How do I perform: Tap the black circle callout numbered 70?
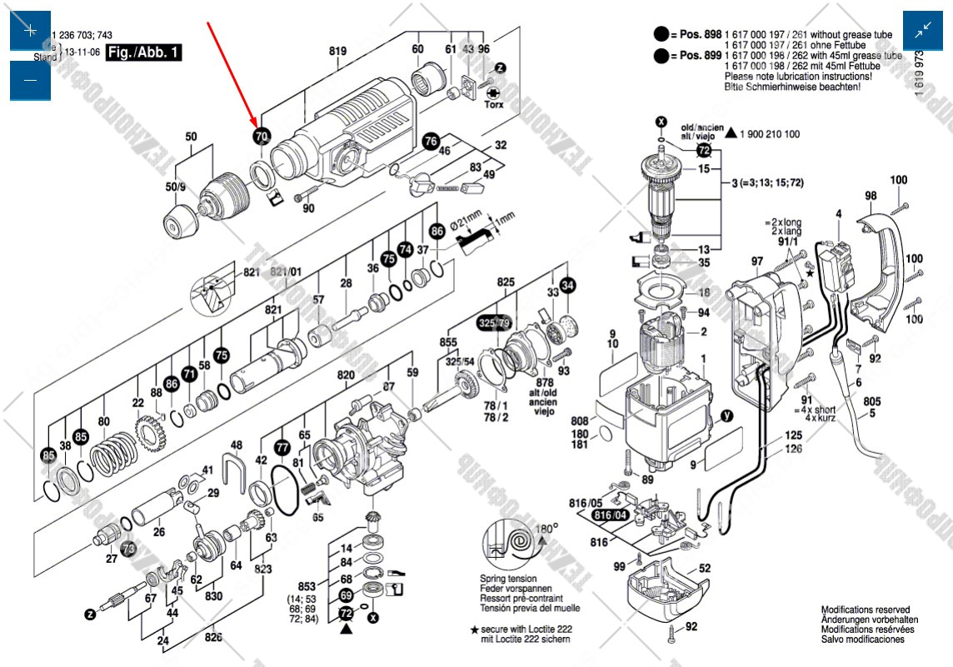[x=262, y=136]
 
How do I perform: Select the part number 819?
[x=337, y=52]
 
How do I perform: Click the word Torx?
[x=493, y=106]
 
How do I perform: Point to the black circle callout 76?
[x=431, y=141]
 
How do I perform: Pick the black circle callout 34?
[x=567, y=285]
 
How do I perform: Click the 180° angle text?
[x=546, y=528]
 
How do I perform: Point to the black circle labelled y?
[x=726, y=417]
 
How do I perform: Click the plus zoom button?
[x=30, y=31]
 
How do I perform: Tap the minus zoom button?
[x=30, y=80]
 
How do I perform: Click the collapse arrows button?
[x=923, y=31]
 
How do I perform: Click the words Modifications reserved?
[x=865, y=610]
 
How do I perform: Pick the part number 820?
[x=346, y=376]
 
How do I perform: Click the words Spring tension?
[x=508, y=579]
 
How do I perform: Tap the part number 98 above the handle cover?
[x=871, y=197]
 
